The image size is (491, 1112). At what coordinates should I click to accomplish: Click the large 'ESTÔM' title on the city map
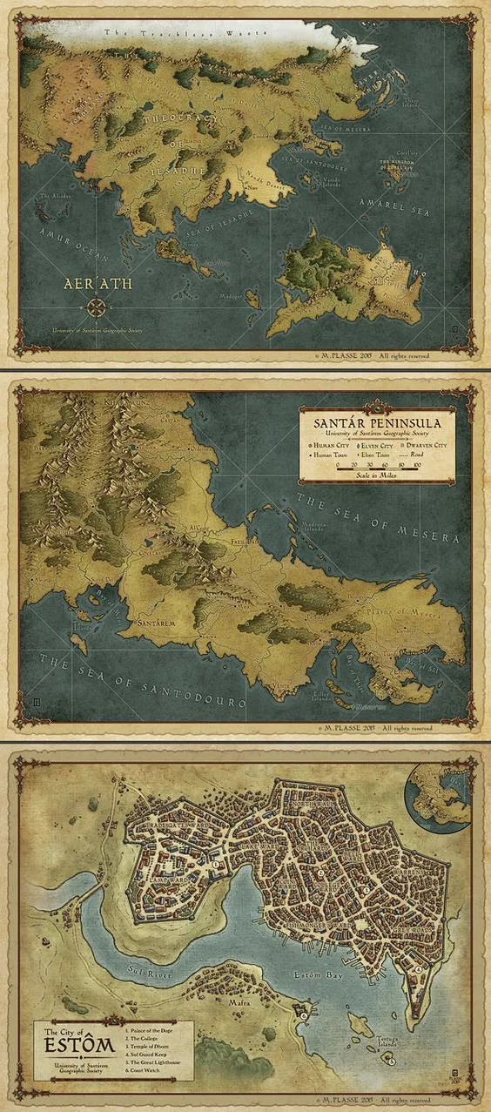[70, 1051]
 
